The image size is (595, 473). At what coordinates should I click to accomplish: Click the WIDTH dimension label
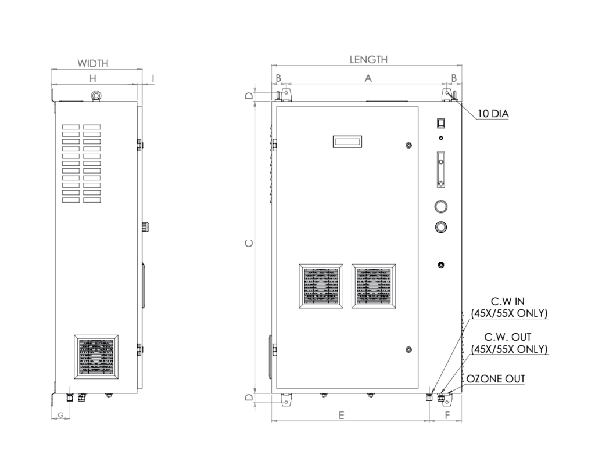(93, 63)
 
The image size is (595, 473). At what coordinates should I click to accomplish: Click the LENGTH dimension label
(368, 59)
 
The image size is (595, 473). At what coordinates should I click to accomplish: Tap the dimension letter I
(153, 78)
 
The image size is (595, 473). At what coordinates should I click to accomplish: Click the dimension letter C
(249, 244)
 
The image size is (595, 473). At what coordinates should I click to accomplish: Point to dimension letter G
(61, 414)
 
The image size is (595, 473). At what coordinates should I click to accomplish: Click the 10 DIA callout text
(493, 114)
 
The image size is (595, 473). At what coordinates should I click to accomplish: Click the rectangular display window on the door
(347, 141)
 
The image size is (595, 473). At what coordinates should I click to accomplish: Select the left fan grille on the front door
(320, 287)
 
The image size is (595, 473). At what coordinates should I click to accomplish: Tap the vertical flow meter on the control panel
(441, 169)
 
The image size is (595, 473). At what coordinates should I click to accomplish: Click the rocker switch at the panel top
(441, 123)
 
